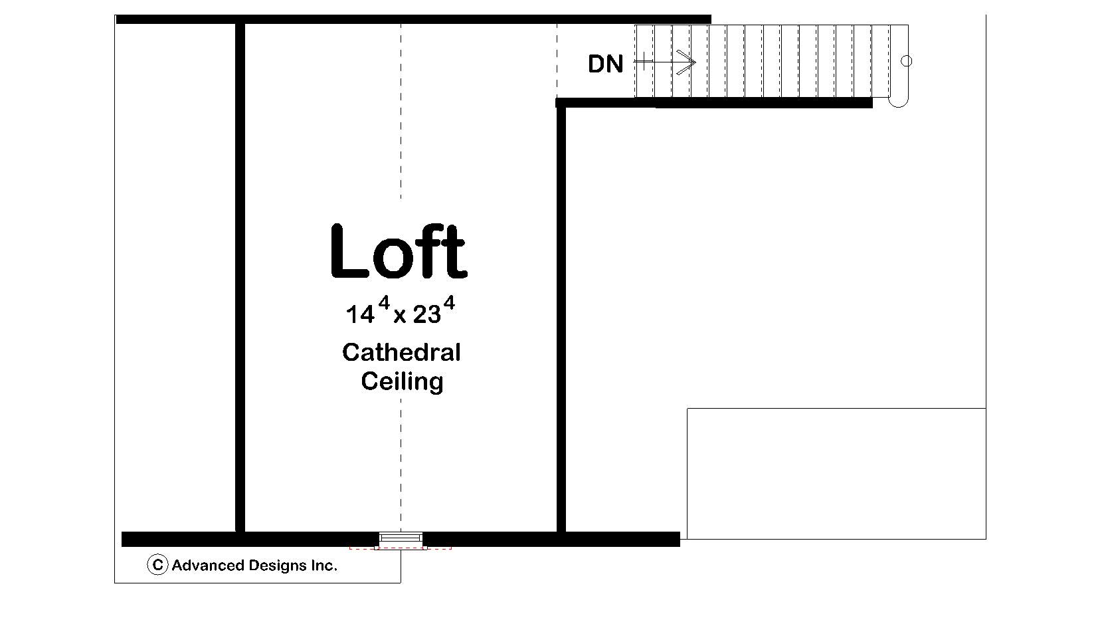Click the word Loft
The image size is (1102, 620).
tap(399, 253)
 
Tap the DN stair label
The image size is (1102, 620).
tap(605, 64)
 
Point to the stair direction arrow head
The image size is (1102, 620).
tap(691, 62)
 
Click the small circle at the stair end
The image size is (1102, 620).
tap(906, 61)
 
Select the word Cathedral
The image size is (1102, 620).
tap(401, 352)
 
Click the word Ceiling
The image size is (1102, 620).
tap(402, 381)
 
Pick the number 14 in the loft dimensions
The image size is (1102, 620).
tap(360, 314)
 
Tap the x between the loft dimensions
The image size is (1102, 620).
tap(399, 316)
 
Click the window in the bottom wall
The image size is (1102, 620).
tap(401, 538)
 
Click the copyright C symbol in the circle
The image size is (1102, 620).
tap(157, 566)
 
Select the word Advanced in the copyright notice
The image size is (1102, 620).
tap(207, 566)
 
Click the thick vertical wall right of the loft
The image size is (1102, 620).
tap(561, 319)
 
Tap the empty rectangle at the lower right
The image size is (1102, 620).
tap(836, 473)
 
